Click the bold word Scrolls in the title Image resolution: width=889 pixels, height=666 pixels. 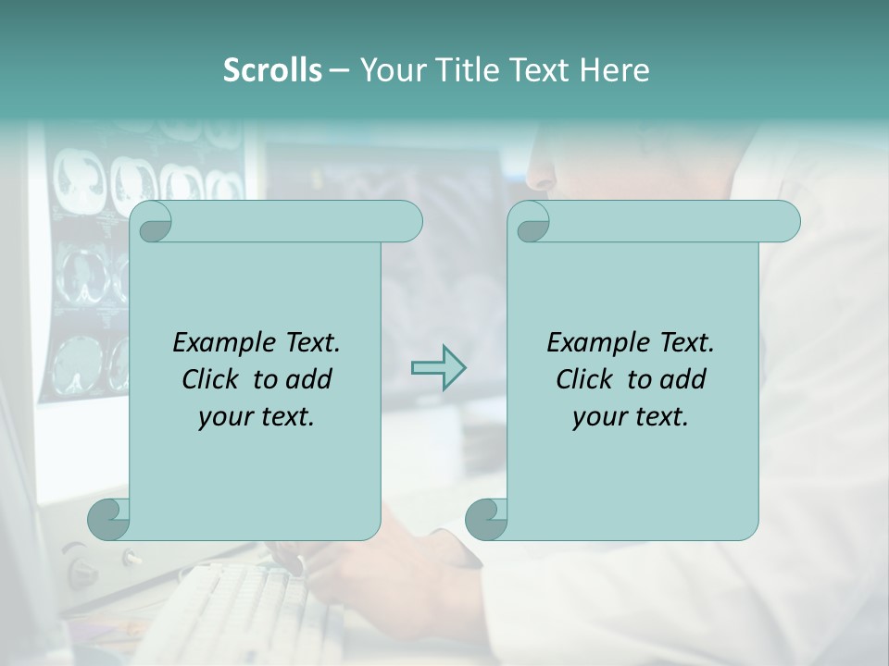272,70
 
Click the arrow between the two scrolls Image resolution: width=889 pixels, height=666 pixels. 438,367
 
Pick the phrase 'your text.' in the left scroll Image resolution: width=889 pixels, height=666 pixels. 257,416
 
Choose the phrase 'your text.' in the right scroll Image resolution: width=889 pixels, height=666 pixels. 631,416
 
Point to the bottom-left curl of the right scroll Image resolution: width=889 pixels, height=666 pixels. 486,518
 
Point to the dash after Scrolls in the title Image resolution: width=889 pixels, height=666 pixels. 339,70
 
